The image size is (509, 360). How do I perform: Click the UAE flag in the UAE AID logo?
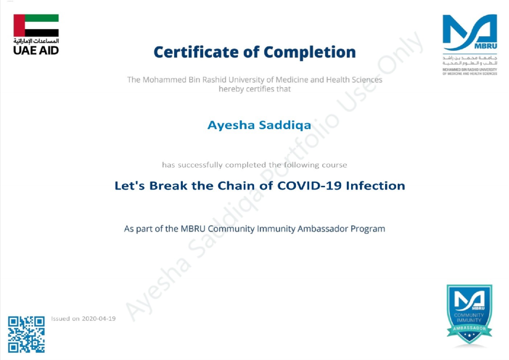(x=36, y=25)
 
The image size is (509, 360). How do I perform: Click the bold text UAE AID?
(x=36, y=50)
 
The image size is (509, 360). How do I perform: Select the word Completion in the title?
(x=309, y=52)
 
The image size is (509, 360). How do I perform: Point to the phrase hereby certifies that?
(x=254, y=89)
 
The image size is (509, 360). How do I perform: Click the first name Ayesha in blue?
(x=231, y=125)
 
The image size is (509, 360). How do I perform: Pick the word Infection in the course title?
(x=375, y=186)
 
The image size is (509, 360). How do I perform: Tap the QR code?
(x=26, y=334)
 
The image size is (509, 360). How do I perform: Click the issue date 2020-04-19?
(x=99, y=319)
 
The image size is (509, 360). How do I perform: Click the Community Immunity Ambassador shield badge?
(x=469, y=314)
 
